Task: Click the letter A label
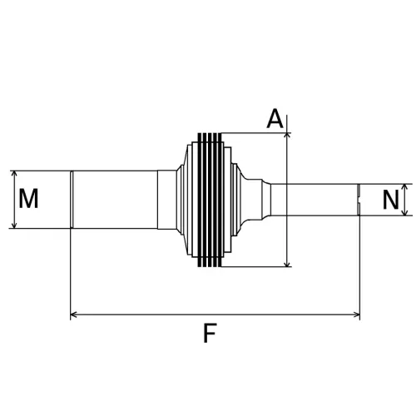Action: [x=275, y=119]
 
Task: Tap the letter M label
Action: [x=29, y=199]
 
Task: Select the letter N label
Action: [x=390, y=200]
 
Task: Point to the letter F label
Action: [x=210, y=334]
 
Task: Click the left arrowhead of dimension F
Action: [x=74, y=315]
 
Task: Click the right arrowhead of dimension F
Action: [x=357, y=315]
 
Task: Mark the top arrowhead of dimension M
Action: [x=14, y=174]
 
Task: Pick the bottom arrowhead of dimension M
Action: [x=14, y=225]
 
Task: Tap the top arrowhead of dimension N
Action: [x=405, y=187]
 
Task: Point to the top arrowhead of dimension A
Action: [x=287, y=135]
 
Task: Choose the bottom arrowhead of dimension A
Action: [x=287, y=264]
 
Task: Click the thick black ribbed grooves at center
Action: [x=210, y=200]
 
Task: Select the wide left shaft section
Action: [x=116, y=200]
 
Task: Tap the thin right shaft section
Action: [x=312, y=200]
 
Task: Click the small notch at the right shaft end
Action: [x=357, y=200]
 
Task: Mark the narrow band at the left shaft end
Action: [x=72, y=200]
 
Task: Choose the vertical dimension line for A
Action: [x=287, y=200]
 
